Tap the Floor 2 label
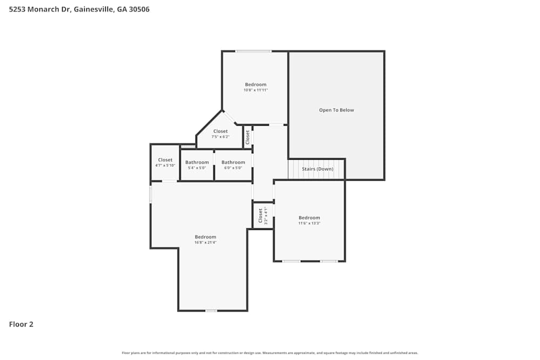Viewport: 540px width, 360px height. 21,324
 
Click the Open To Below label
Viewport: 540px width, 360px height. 336,110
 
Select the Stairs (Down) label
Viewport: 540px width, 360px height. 317,169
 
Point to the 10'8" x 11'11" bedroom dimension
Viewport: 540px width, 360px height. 255,90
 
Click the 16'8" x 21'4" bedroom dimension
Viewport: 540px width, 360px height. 205,242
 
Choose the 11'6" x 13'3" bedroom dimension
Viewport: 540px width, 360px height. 309,223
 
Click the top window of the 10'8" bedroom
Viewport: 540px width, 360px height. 253,51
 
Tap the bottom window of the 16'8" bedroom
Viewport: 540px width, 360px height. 211,310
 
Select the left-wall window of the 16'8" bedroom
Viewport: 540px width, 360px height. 151,194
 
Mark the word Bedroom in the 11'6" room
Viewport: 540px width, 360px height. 309,218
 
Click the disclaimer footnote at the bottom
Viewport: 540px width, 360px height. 270,353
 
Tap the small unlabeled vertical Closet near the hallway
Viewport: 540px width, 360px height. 248,137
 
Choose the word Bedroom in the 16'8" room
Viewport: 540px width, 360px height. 205,237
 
